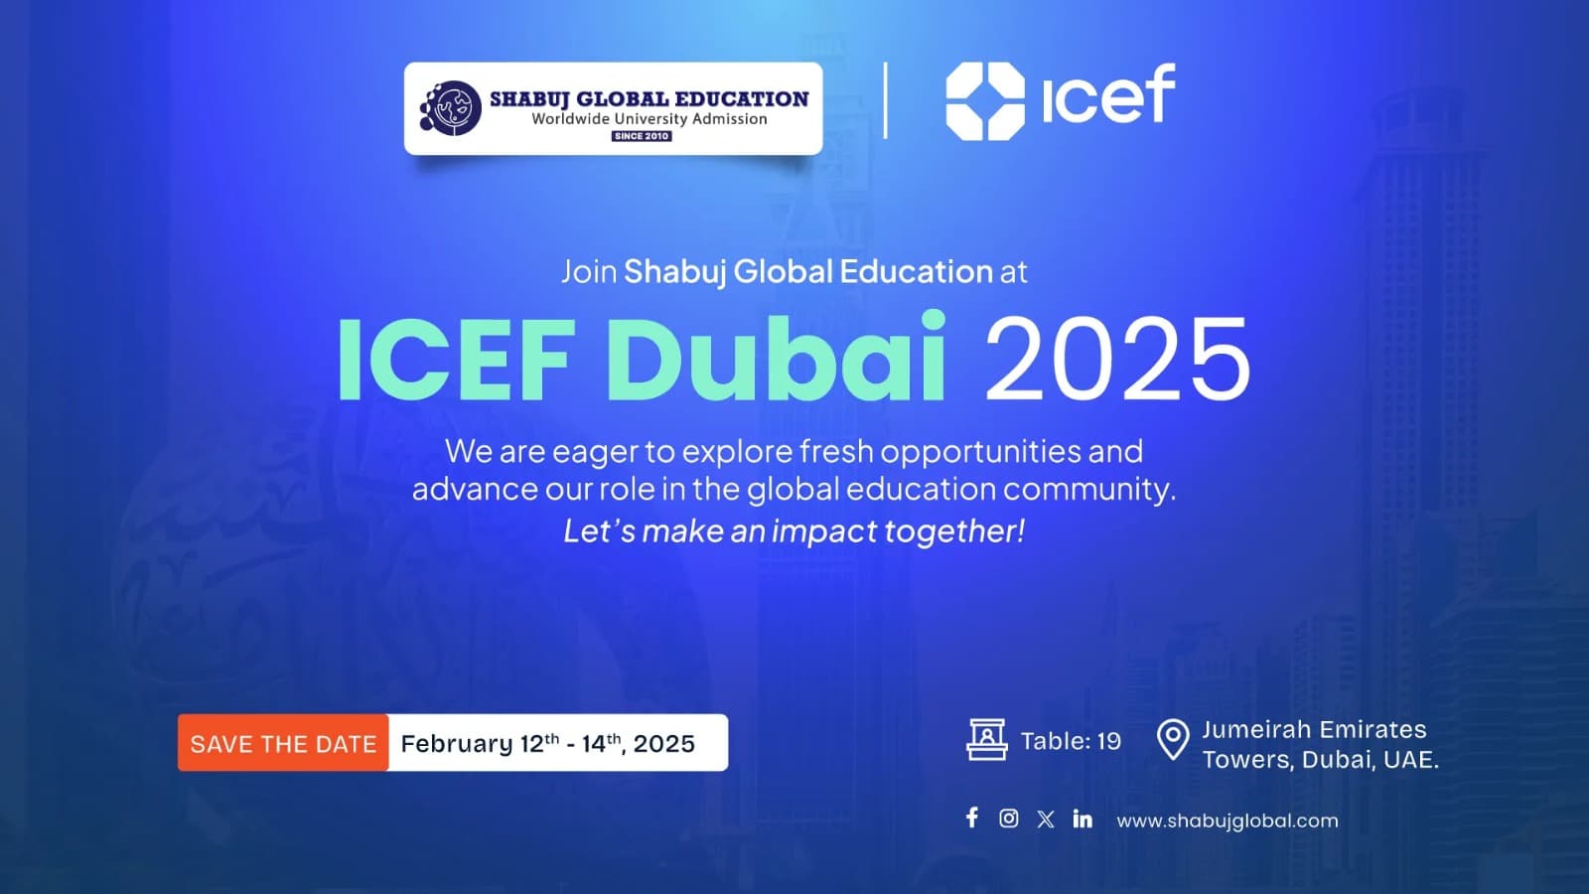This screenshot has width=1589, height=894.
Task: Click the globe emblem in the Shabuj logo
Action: (x=451, y=108)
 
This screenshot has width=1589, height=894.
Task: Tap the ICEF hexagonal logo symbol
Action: (x=984, y=100)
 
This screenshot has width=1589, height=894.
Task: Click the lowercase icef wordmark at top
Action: (x=1108, y=95)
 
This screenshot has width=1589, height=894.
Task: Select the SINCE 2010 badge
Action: (x=642, y=136)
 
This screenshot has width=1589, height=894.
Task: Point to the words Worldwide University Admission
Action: (x=650, y=118)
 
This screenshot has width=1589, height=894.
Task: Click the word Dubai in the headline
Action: (x=776, y=359)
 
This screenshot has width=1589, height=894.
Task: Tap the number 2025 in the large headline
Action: (x=1116, y=359)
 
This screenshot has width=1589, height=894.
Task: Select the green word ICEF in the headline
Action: (x=456, y=359)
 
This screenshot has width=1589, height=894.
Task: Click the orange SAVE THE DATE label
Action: (x=283, y=743)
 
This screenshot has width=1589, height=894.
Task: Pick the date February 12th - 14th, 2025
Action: (x=547, y=743)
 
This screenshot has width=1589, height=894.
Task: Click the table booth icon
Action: (x=986, y=740)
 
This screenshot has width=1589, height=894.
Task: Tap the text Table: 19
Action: (x=1071, y=741)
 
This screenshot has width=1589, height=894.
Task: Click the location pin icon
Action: (x=1173, y=740)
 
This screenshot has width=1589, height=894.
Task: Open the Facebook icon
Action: (x=972, y=818)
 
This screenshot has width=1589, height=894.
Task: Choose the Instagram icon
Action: (x=1008, y=818)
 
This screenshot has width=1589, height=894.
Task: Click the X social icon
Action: (x=1046, y=819)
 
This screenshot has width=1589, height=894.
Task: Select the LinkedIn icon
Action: (x=1083, y=819)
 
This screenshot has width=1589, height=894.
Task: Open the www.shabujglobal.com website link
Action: (x=1228, y=820)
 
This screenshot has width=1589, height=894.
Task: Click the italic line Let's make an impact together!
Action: (x=794, y=531)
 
